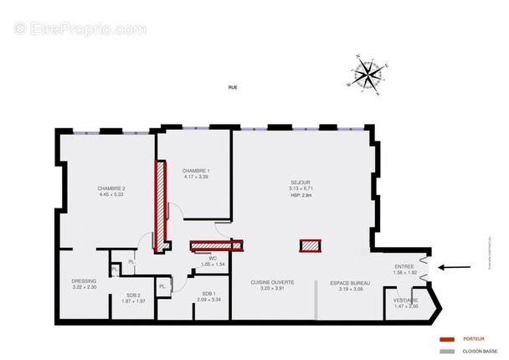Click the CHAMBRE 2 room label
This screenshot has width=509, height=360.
point(111,188)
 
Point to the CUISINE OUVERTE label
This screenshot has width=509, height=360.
point(272,283)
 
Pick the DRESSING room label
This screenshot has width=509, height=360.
point(84,280)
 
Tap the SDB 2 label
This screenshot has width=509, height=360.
point(134,295)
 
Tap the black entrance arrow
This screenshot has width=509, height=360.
point(453,268)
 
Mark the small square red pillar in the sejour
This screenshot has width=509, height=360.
point(311,245)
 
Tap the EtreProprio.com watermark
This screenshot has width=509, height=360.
point(80,28)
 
